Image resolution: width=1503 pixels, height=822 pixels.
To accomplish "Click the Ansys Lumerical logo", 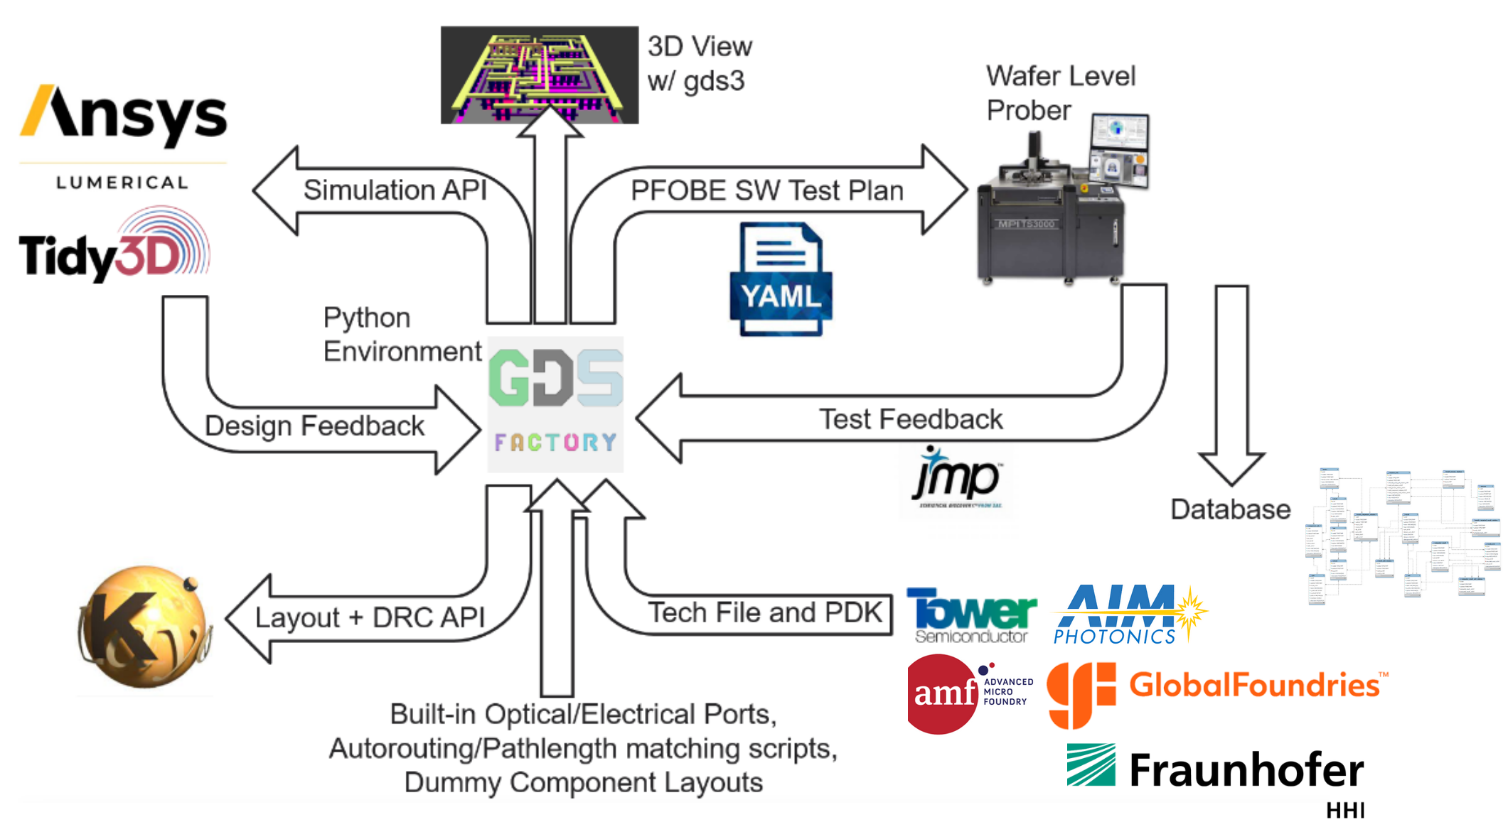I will pyautogui.click(x=123, y=135).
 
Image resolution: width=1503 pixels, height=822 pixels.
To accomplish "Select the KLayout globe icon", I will pyautogui.click(x=144, y=627).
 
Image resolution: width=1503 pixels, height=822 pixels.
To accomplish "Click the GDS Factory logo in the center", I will pyautogui.click(x=555, y=404).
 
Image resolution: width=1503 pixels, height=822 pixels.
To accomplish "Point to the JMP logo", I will pyautogui.click(x=957, y=479).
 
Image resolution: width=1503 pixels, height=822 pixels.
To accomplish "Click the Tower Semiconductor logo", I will pyautogui.click(x=971, y=615).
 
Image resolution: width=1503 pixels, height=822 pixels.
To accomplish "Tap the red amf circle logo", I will pyautogui.click(x=942, y=693).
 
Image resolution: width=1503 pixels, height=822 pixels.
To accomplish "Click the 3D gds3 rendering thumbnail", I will pyautogui.click(x=539, y=75).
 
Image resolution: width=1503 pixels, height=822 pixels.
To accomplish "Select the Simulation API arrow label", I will pyautogui.click(x=395, y=190).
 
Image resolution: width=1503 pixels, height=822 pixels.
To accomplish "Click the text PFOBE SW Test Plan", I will pyautogui.click(x=767, y=190).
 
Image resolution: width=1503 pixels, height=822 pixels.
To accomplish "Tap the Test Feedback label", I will pyautogui.click(x=910, y=419).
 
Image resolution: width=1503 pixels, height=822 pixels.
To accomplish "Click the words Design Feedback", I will pyautogui.click(x=314, y=426).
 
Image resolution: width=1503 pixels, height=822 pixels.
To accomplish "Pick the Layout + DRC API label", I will pyautogui.click(x=370, y=617).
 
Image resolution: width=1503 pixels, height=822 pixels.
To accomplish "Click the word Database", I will pyautogui.click(x=1230, y=509).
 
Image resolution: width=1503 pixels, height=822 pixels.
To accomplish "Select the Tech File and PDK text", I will pyautogui.click(x=764, y=612).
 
